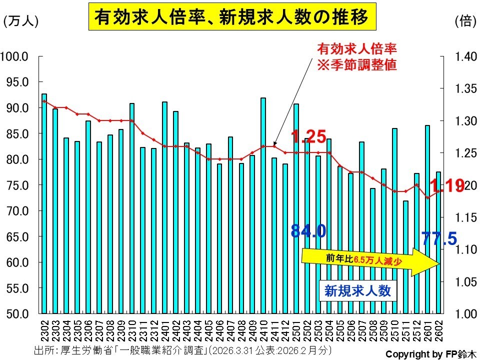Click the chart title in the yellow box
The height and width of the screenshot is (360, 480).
pyautogui.click(x=232, y=17)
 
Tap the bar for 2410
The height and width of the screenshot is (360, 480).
pyautogui.click(x=263, y=205)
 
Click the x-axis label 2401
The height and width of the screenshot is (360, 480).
pyautogui.click(x=165, y=328)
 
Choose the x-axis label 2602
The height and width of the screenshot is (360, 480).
pyautogui.click(x=439, y=328)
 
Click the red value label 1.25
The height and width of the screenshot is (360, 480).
pyautogui.click(x=308, y=136)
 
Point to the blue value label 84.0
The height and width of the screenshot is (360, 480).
pyautogui.click(x=308, y=230)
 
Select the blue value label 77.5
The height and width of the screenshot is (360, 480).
pyautogui.click(x=439, y=238)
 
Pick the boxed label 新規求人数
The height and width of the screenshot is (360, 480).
pyautogui.click(x=357, y=290)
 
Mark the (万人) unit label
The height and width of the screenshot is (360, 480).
pyautogui.click(x=20, y=21)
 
